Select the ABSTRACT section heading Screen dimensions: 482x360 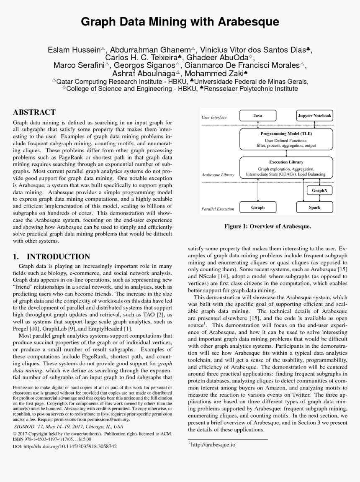pyautogui.click(x=34, y=112)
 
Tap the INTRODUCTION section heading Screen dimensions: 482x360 pyautogui.click(x=58, y=256)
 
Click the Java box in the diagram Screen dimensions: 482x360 pyautogui.click(x=258, y=115)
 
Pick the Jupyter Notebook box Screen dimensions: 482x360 pyautogui.click(x=314, y=115)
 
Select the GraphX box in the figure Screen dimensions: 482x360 pyautogui.click(x=320, y=190)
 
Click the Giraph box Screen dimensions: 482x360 pyautogui.click(x=258, y=207)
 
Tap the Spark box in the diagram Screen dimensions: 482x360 pyautogui.click(x=315, y=207)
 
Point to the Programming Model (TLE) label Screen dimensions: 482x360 pyautogui.click(x=286, y=134)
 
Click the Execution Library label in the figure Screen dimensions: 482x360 pyautogui.click(x=286, y=162)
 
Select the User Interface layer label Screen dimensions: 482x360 pyautogui.click(x=214, y=118)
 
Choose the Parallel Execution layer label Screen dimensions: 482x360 pyautogui.click(x=218, y=209)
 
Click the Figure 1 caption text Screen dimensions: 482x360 pyautogui.click(x=267, y=226)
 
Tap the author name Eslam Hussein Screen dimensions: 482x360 pyautogui.click(x=74, y=50)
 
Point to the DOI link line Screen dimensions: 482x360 pyautogui.click(x=65, y=446)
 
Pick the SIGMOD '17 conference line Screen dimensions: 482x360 pyautogui.click(x=68, y=426)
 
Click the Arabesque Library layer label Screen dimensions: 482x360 pyautogui.click(x=218, y=174)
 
